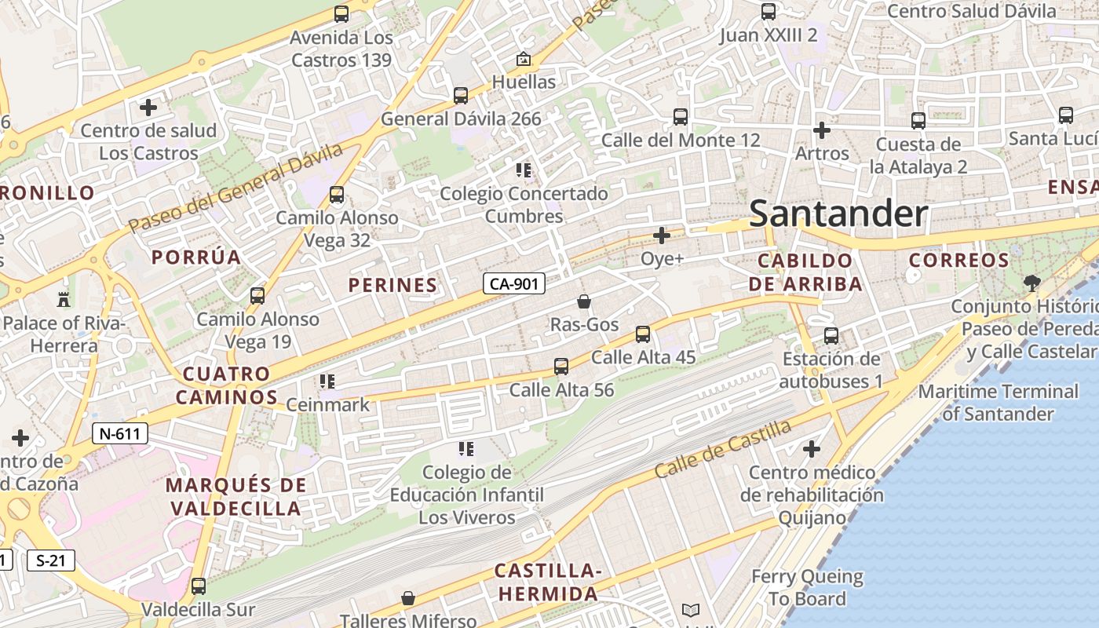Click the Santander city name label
coord(838,214)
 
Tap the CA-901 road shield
coord(513,283)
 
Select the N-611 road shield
coord(120,433)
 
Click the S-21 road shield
coord(50,560)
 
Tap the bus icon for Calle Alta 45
coord(643,334)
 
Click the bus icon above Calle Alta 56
coord(561,367)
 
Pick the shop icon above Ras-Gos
coord(584,301)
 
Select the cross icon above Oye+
coord(662,235)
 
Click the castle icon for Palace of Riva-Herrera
coord(64,299)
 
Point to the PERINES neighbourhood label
coord(392,285)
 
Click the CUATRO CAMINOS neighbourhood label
coord(226,385)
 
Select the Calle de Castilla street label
coord(722,450)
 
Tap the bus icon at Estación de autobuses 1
coord(831,336)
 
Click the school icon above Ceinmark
coord(327,382)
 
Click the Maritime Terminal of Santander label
coord(998,402)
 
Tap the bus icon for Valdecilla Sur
coord(199,586)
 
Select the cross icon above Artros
coord(822,130)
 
